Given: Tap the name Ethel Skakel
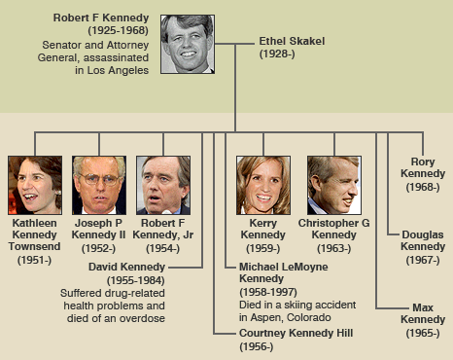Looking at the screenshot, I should tap(291, 42).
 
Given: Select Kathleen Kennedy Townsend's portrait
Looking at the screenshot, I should tap(35, 184).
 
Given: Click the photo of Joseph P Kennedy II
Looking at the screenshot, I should tap(99, 184).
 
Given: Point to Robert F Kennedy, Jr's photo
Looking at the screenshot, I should tap(163, 184).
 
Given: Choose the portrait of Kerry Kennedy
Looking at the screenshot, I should tap(263, 184).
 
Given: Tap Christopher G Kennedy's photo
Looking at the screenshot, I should tap(333, 184).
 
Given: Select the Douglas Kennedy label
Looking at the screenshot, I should tap(422, 239).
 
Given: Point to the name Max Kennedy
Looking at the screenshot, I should tap(422, 314).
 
